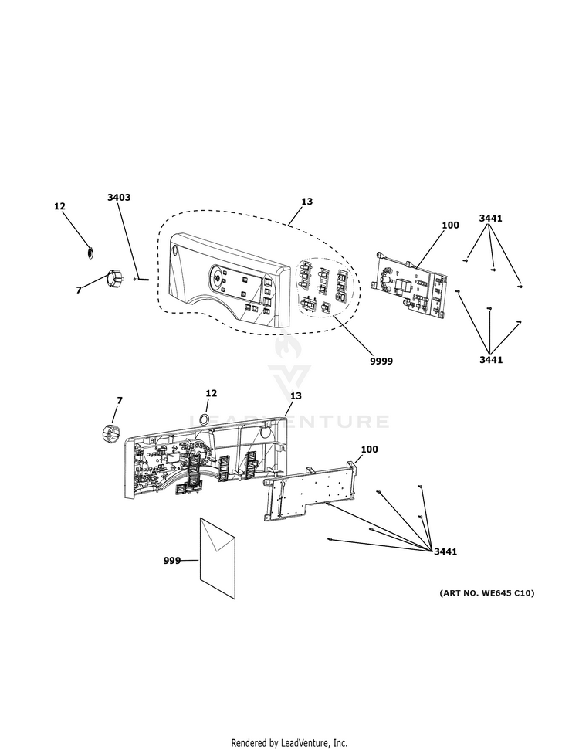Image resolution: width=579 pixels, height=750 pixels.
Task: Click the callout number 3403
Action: point(119,197)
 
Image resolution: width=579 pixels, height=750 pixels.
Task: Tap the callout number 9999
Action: point(381,361)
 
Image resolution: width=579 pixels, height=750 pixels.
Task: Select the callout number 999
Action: point(172,560)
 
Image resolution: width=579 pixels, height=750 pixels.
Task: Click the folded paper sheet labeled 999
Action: point(218,558)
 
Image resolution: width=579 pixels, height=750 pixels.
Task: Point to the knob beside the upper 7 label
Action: point(115,277)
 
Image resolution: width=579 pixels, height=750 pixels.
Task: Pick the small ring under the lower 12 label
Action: point(203,419)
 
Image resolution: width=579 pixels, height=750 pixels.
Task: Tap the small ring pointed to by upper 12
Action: point(90,252)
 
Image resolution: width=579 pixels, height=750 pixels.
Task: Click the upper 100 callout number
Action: point(450,225)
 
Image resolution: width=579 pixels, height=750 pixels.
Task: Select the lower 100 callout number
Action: point(369,449)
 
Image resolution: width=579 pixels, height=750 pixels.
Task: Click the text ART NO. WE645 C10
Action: point(486,592)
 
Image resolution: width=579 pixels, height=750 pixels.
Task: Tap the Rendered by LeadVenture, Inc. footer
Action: point(289,743)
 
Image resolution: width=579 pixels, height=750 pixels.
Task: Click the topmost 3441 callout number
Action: point(490,218)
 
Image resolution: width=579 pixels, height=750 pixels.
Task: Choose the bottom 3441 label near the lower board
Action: point(445,551)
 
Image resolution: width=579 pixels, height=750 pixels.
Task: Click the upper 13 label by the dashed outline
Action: point(307,202)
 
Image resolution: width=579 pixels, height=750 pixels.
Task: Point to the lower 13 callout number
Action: point(296,395)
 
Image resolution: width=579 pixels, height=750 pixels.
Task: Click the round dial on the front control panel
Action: point(218,278)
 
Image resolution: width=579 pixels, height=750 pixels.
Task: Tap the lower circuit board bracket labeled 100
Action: point(311,490)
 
